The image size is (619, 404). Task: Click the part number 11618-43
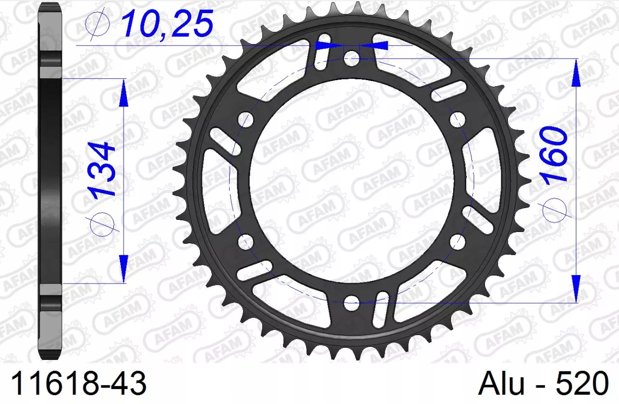pyautogui.click(x=78, y=383)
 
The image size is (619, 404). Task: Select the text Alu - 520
pyautogui.click(x=544, y=383)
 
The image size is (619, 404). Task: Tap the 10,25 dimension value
pyautogui.click(x=168, y=23)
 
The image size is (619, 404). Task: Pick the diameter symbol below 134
pyautogui.click(x=102, y=224)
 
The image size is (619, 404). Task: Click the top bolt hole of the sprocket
pyautogui.click(x=351, y=58)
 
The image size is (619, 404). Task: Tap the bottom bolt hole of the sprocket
pyautogui.click(x=351, y=303)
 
